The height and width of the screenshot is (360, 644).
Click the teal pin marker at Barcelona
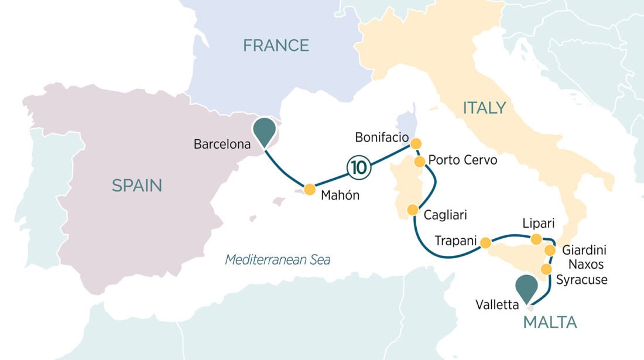265,131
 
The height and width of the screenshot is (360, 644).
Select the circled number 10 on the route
359,167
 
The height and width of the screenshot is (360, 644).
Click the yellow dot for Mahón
309,188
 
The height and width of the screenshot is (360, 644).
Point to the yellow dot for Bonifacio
416,143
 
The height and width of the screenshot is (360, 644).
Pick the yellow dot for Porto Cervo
420,161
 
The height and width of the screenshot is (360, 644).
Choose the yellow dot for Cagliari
413,210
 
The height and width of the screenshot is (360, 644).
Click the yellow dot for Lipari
536,238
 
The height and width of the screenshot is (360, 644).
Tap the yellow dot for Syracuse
546,269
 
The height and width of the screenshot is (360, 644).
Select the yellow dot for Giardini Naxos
550,251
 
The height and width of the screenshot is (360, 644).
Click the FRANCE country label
276,45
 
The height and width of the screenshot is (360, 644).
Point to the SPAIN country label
136,186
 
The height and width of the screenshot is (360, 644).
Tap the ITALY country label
484,108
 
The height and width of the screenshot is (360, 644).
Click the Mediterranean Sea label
278,259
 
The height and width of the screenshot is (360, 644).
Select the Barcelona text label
221,143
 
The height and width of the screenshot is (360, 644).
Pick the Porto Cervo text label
463,160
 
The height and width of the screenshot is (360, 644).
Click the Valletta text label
498,304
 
